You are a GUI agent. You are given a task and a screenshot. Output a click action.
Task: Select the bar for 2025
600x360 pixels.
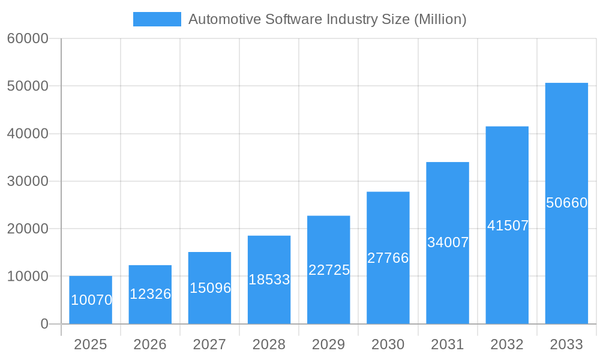[91, 300]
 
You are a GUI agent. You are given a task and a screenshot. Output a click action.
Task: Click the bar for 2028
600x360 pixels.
[269, 280]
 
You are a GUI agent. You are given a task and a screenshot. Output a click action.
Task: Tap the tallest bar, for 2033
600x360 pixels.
[566, 203]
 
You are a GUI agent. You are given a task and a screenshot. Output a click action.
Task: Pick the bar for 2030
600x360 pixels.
[388, 258]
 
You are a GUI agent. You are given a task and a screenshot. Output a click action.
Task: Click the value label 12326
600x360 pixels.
[150, 294]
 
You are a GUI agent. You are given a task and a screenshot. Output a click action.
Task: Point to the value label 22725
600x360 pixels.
[329, 270]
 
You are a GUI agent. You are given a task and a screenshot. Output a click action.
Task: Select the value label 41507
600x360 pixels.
[508, 226]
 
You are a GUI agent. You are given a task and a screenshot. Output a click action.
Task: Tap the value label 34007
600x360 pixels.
[448, 242]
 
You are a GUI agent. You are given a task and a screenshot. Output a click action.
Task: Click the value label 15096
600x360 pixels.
[210, 288]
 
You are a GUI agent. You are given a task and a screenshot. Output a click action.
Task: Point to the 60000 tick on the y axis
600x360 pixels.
[28, 38]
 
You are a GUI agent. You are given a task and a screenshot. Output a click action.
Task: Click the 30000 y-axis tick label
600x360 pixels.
[28, 181]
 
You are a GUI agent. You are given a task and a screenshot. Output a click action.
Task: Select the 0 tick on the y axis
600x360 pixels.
[44, 324]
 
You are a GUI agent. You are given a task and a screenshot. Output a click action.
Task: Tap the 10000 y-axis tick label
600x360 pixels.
[28, 277]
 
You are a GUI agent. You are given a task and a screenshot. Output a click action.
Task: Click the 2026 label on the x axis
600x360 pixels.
[150, 344]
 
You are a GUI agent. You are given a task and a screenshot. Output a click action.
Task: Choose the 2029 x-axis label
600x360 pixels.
[329, 344]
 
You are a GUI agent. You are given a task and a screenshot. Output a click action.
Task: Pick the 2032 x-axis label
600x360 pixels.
[507, 344]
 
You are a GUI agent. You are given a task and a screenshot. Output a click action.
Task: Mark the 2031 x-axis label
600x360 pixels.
[448, 344]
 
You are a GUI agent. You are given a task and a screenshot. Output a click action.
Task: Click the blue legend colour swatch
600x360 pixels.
[157, 19]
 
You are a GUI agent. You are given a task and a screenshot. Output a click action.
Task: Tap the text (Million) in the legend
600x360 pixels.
[440, 19]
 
